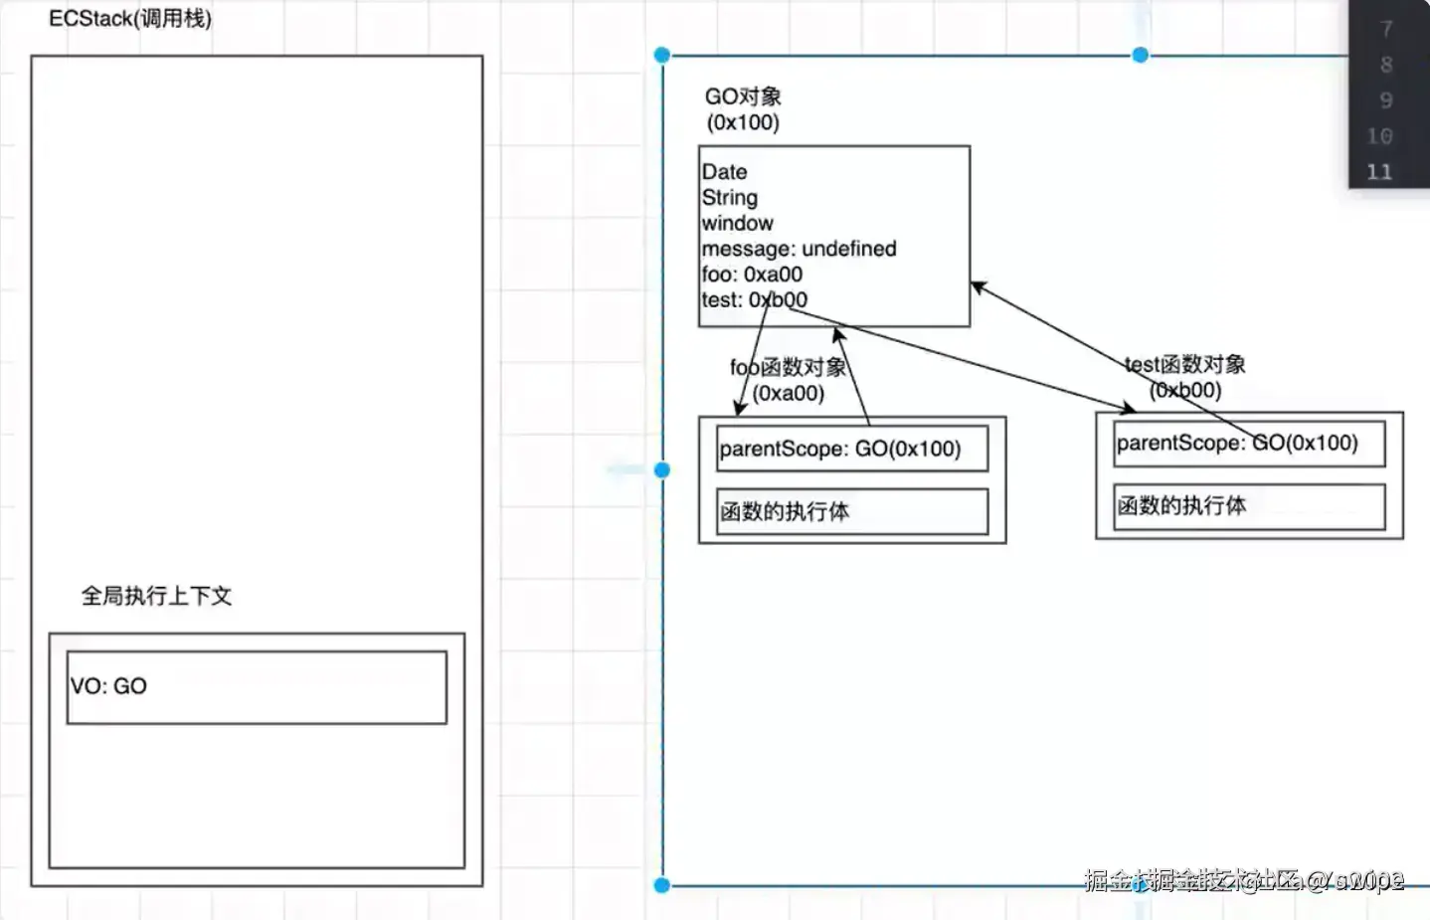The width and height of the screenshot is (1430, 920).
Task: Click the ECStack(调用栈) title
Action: [x=130, y=19]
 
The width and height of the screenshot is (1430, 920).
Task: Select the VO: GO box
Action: [x=257, y=687]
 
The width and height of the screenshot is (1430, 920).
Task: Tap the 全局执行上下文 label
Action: [x=156, y=596]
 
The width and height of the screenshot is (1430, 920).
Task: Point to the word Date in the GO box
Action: [x=724, y=172]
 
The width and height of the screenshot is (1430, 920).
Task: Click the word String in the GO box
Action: [x=730, y=198]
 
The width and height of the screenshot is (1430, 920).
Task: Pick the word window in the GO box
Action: [x=737, y=224]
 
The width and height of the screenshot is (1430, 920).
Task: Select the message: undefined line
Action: [x=799, y=249]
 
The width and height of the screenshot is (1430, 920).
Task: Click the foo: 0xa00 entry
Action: [x=752, y=275]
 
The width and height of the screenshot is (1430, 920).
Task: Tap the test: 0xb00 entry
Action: [x=754, y=300]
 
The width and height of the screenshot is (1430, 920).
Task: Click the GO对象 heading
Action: [x=743, y=96]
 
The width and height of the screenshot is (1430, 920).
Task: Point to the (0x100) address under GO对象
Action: [x=743, y=122]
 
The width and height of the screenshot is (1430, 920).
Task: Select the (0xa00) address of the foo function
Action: [x=789, y=393]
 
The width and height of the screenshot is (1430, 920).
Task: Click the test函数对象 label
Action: [x=1185, y=365]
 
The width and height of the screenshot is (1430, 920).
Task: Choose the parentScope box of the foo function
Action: [x=852, y=449]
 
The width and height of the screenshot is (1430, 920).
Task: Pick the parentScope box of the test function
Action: [x=1249, y=444]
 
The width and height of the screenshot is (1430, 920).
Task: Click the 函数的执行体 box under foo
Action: [x=852, y=511]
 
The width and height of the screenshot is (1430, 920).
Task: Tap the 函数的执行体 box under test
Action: [x=1249, y=506]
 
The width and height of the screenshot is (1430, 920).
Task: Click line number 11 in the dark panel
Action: [x=1379, y=172]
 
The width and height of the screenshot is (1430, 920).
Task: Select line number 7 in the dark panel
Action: [x=1386, y=29]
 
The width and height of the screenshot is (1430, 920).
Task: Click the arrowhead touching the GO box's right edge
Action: [x=977, y=286]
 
